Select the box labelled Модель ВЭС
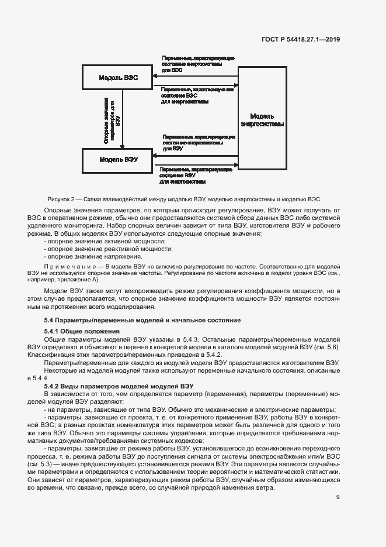(x=118, y=78)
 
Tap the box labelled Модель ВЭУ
(x=118, y=159)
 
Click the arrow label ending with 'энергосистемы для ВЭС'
(x=197, y=64)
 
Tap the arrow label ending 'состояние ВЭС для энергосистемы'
(x=197, y=95)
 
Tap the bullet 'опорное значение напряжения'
(x=93, y=256)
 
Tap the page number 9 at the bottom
(x=338, y=497)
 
